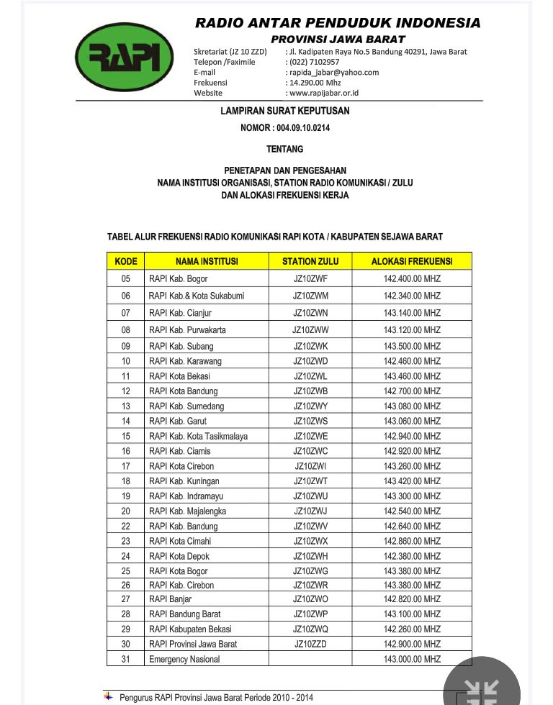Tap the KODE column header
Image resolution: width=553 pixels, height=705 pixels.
point(125,261)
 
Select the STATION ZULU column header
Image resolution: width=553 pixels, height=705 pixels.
point(310,261)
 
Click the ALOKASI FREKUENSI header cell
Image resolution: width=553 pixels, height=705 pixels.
point(412,261)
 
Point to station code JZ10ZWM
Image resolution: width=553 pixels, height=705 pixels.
point(310,296)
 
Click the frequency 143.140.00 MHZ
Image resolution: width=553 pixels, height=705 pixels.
point(412,313)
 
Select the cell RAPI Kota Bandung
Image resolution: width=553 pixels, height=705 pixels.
point(183,391)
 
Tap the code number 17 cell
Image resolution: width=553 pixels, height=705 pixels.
point(126,466)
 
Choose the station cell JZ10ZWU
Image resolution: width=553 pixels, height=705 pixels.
point(310,496)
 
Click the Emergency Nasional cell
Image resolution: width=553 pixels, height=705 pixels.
point(184,659)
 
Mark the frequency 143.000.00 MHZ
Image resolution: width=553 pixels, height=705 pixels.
point(412,659)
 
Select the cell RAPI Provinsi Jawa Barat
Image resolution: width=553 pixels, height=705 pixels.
point(193,644)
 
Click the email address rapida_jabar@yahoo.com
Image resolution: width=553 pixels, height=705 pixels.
point(334,72)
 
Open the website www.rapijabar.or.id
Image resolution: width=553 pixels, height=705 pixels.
point(324,93)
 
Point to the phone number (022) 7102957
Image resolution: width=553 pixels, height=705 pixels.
point(314,62)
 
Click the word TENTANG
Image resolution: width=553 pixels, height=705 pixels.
point(285,149)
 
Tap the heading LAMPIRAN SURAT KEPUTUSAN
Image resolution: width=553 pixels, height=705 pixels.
point(285,111)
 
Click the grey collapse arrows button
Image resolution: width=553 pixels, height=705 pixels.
point(482,688)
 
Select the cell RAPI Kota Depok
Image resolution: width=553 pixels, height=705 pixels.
point(179,556)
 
